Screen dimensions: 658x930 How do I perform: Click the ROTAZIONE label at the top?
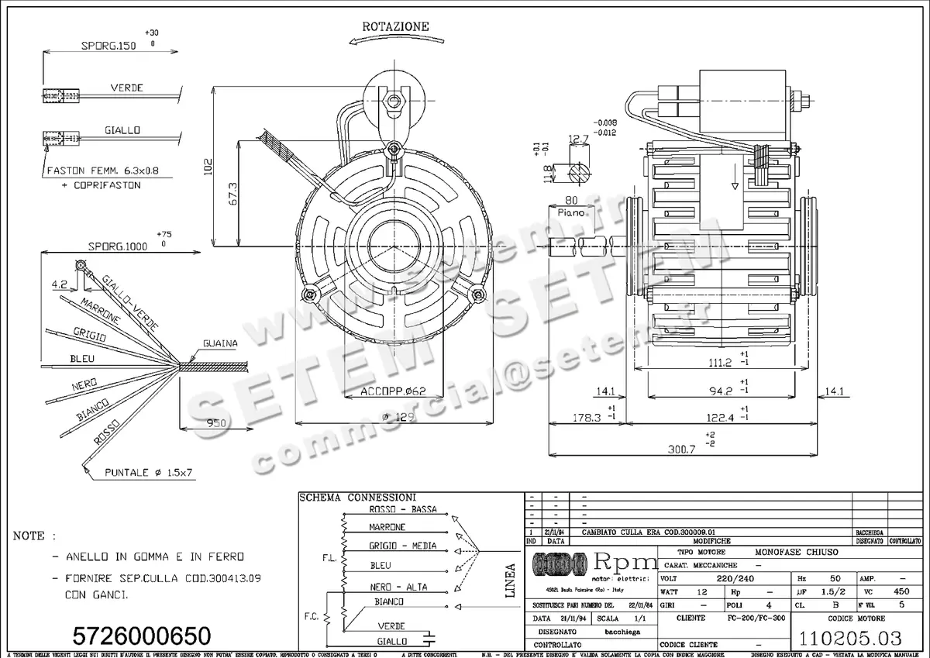coord(395,26)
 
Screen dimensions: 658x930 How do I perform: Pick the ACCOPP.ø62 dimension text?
coord(393,391)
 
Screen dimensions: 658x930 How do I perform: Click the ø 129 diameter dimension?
coord(393,418)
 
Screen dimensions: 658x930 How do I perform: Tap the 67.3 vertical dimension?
coord(230,194)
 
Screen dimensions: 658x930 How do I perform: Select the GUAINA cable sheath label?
coord(220,343)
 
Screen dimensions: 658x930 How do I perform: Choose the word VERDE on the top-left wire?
coord(126,88)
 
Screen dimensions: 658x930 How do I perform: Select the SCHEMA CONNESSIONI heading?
coord(357,497)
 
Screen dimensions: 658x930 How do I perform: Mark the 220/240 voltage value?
coord(735,578)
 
